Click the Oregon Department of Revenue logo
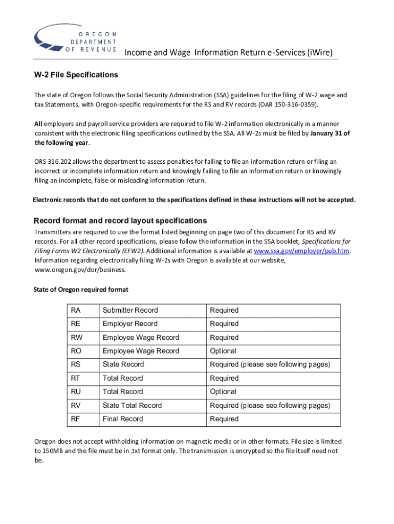[x=75, y=36]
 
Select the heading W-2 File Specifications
[x=76, y=75]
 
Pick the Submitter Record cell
[x=130, y=310]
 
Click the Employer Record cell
[x=130, y=324]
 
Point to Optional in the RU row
[x=223, y=391]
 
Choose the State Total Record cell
[x=132, y=405]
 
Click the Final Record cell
[x=123, y=419]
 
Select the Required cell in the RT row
[x=224, y=378]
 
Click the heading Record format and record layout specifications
[x=120, y=221]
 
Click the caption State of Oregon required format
[x=81, y=290]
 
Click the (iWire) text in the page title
[x=320, y=52]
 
